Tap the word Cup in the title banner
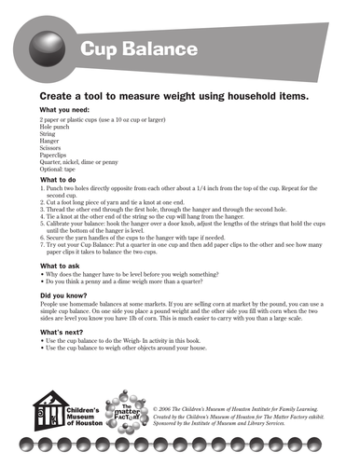coord(99,49)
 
